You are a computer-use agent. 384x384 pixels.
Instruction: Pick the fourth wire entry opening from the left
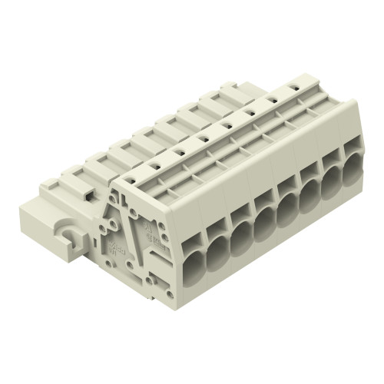click(265, 218)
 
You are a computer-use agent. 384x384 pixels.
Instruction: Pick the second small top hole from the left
click(154, 164)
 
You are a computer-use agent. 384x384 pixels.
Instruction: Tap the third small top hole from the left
click(178, 152)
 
